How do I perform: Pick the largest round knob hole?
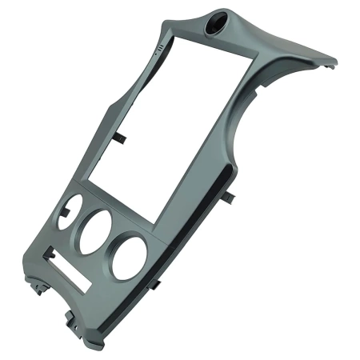tap(130, 258)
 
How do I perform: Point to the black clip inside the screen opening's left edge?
tap(121, 138)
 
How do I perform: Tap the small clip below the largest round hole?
tap(158, 283)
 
